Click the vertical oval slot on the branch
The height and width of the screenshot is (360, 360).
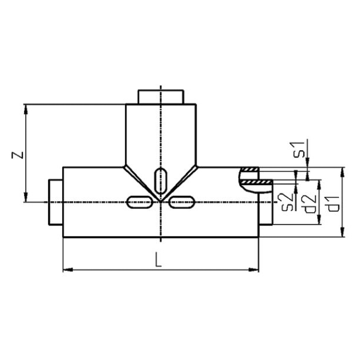click(x=160, y=178)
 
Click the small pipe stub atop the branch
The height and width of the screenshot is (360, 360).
click(x=160, y=96)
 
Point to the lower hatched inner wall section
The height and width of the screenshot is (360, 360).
click(x=257, y=184)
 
